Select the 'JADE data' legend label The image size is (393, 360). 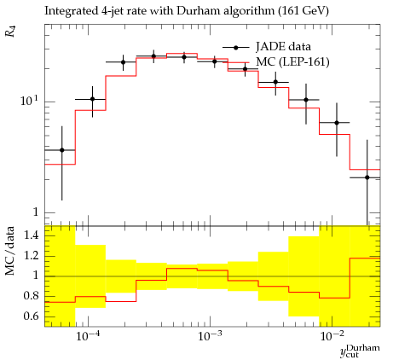point(283,47)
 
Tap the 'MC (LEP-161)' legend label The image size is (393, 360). point(292,61)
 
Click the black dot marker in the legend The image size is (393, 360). point(235,47)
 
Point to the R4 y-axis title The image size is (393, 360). point(10,32)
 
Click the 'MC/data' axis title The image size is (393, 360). point(9,251)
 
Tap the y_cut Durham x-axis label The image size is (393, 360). point(360,351)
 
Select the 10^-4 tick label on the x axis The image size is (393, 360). point(88,335)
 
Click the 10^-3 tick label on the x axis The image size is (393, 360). point(210,335)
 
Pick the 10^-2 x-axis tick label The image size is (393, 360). point(332,335)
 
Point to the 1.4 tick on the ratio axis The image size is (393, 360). point(31,235)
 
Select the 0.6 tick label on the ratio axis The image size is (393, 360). point(31,316)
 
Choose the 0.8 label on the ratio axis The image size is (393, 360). point(31,296)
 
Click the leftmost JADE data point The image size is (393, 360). point(62,150)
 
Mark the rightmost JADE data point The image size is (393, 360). point(367,177)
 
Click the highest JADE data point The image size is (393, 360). point(153,56)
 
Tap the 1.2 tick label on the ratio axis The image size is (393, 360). point(31,256)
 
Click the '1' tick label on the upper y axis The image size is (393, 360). point(36,212)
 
